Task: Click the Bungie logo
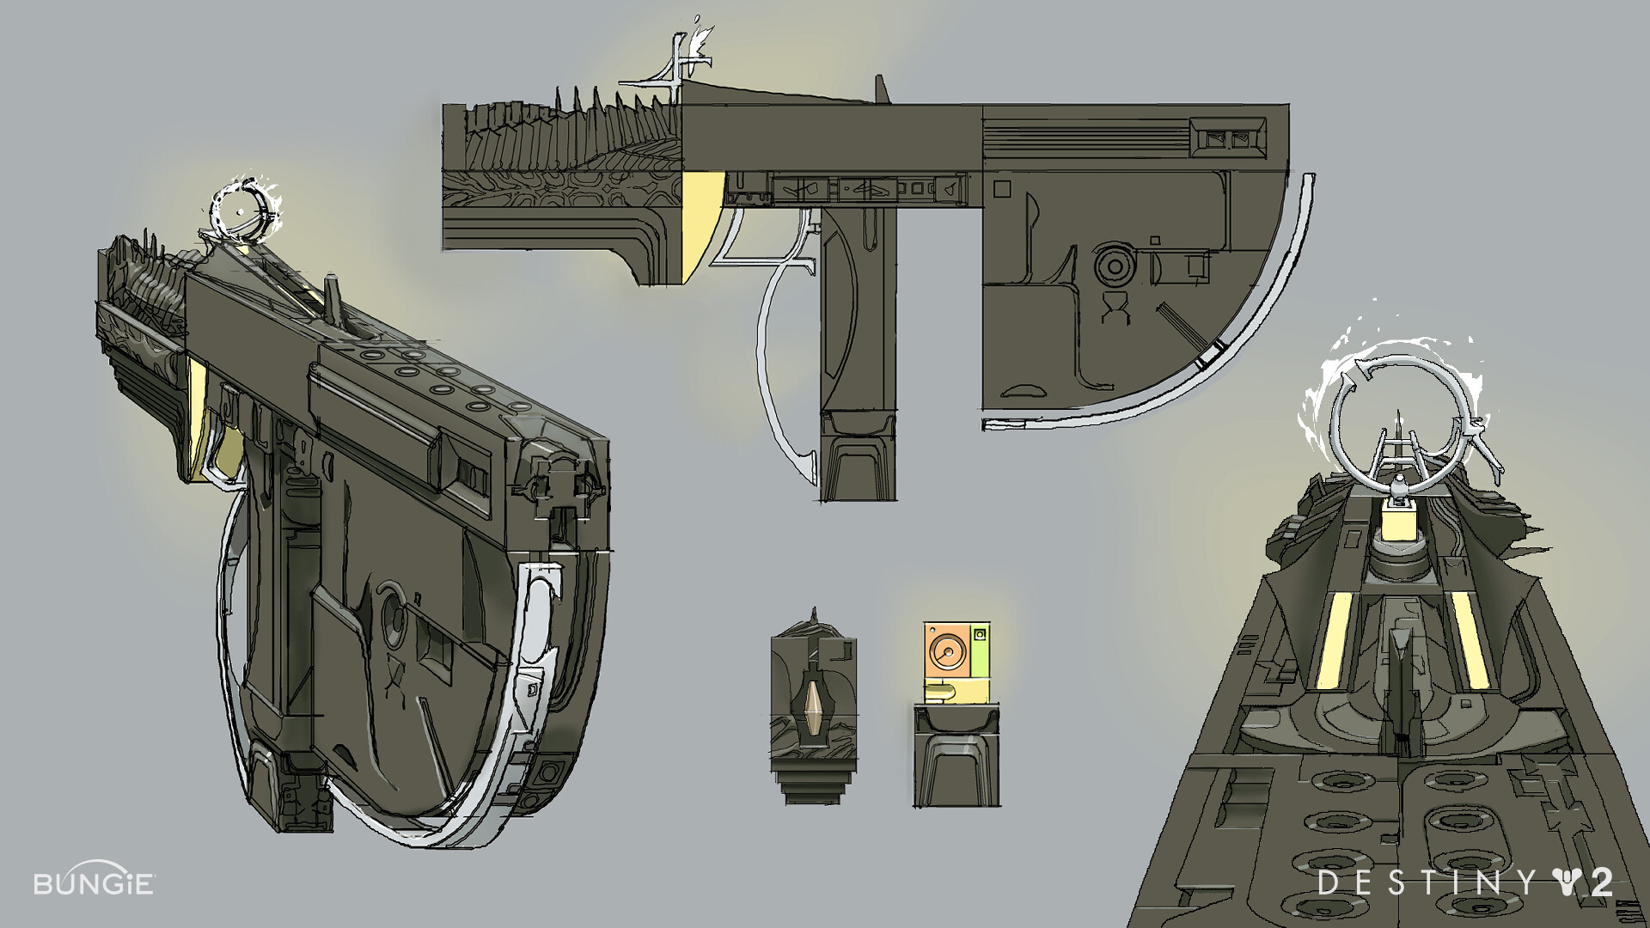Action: click(x=94, y=882)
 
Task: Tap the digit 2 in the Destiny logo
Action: click(x=1598, y=882)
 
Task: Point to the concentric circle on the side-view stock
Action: click(x=1115, y=266)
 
